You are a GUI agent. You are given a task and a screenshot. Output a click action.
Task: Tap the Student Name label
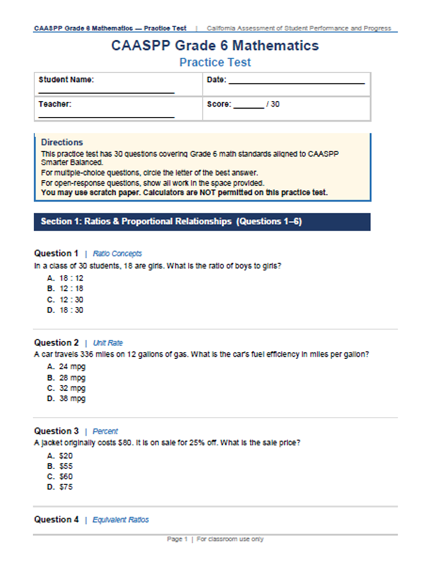(x=66, y=80)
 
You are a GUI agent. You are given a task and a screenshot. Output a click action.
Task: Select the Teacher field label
(x=55, y=104)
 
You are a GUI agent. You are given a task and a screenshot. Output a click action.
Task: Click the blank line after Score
(x=248, y=107)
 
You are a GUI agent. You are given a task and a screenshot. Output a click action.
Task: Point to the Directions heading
(x=62, y=142)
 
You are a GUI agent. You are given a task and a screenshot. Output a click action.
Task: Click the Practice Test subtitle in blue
(x=215, y=62)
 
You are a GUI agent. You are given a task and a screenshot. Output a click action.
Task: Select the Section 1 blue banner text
(x=171, y=221)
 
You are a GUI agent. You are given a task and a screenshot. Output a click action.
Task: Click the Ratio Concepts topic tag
(x=117, y=254)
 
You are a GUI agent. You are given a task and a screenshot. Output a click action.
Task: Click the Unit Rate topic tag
(x=108, y=343)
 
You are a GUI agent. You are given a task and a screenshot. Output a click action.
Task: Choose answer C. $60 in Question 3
(x=60, y=476)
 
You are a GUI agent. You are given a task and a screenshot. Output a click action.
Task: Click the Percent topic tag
(x=105, y=432)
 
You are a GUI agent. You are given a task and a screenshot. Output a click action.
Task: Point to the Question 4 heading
(x=56, y=520)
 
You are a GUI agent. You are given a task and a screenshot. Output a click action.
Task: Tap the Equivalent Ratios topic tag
(x=121, y=520)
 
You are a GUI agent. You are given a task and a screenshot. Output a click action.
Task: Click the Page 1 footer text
(x=215, y=539)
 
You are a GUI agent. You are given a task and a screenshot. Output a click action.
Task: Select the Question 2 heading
(x=56, y=343)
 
